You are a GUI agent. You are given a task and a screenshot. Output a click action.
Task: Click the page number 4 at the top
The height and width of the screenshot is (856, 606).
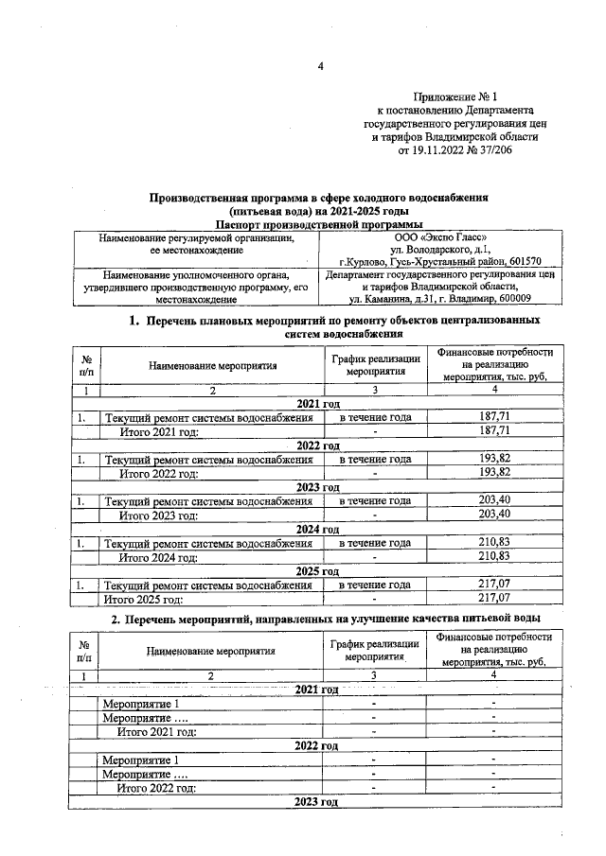click(320, 64)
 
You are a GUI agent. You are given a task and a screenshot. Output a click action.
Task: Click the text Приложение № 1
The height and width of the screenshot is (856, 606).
click(455, 97)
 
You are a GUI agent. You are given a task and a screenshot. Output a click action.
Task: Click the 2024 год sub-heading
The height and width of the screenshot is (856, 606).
click(317, 529)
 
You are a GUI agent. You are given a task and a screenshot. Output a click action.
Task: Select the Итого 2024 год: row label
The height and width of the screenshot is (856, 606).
click(157, 557)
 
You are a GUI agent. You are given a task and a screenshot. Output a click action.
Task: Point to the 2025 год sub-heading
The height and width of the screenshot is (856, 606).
click(317, 571)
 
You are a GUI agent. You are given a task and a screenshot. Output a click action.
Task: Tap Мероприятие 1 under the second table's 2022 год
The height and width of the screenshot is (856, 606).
click(139, 760)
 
